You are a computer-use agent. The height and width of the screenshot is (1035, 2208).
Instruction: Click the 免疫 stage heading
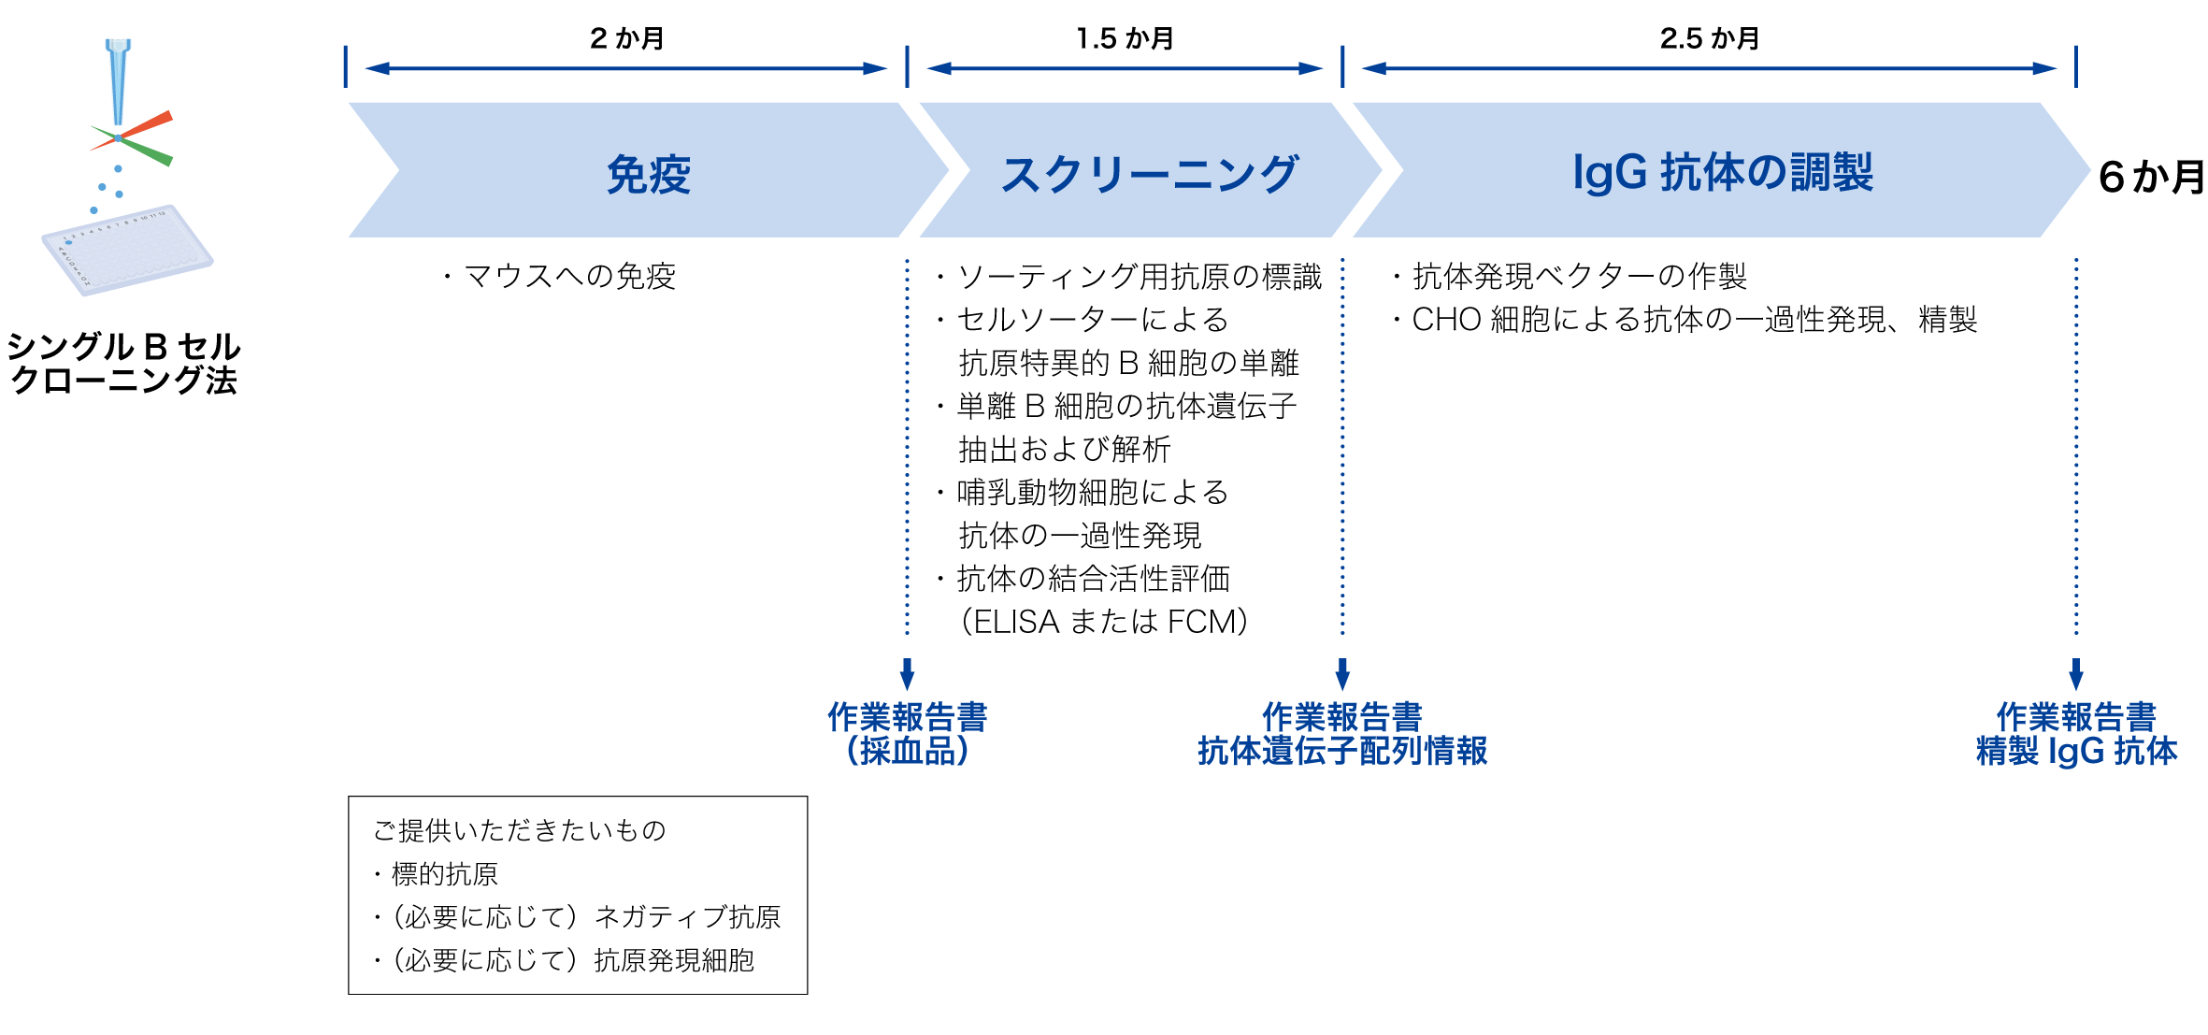648,174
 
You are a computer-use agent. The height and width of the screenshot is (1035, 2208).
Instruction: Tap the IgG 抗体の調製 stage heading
1722,172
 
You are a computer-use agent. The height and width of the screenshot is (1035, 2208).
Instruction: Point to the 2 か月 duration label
626,38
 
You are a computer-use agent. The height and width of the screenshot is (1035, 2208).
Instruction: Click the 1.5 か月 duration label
1125,38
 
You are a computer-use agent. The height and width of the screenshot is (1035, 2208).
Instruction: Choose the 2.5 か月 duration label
1710,38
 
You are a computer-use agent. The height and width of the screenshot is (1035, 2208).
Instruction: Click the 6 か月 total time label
2150,177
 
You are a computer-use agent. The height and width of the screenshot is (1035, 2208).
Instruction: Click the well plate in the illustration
127,251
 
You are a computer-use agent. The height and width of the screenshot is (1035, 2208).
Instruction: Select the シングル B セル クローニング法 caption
123,363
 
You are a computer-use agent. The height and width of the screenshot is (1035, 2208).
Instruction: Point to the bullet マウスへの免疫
568,276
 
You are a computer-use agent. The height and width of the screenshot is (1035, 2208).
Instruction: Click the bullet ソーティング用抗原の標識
1139,276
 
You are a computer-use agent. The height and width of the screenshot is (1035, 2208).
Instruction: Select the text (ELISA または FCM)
1104,622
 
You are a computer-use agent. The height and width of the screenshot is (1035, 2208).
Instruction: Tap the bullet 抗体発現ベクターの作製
1579,276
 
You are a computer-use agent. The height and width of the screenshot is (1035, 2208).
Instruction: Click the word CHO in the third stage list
1445,320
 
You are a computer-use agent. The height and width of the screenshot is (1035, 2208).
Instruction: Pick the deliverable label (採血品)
907,751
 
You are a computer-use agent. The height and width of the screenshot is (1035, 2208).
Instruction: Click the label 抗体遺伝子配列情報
1341,751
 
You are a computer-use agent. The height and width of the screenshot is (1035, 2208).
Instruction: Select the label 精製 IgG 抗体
2075,751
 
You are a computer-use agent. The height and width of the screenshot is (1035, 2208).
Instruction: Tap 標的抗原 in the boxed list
444,874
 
